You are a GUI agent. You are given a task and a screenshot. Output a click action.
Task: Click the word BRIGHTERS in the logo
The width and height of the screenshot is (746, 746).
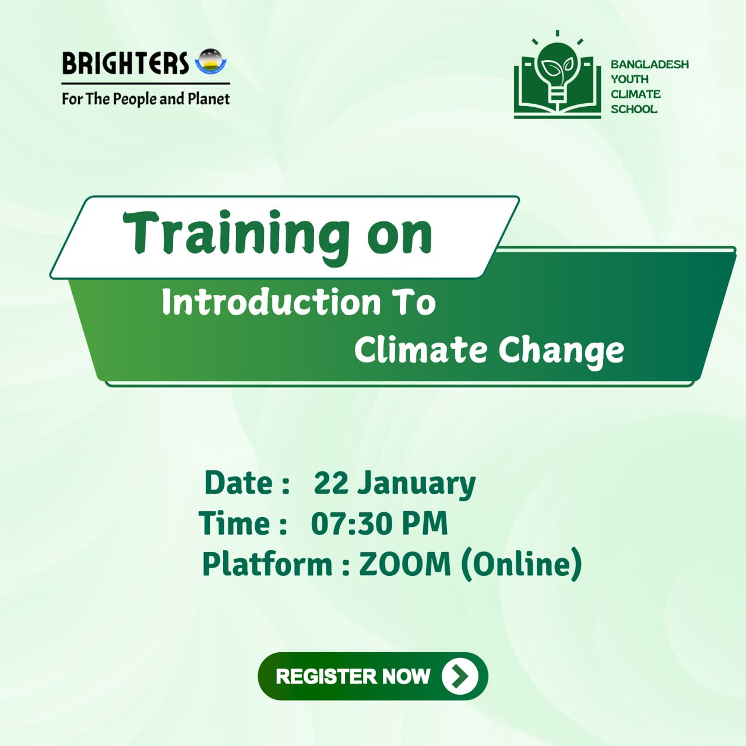(125, 64)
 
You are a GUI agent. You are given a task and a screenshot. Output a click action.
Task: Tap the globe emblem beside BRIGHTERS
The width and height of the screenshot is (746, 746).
(210, 62)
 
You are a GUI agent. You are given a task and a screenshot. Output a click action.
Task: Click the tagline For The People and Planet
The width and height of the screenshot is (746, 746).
(146, 99)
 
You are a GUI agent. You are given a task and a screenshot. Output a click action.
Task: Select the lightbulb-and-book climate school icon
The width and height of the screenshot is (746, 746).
(557, 78)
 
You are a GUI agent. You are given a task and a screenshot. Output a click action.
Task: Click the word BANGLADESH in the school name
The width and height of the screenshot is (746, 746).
(649, 64)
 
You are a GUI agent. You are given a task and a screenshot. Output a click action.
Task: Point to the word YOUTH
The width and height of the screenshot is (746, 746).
(629, 79)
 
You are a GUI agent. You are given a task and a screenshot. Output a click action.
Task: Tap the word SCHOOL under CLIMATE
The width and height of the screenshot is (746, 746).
(634, 109)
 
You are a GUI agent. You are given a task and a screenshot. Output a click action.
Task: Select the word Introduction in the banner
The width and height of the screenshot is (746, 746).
(271, 302)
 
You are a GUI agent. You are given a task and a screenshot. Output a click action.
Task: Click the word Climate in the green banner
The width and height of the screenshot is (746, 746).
(420, 350)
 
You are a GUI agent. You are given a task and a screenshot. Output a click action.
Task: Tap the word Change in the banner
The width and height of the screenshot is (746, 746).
(561, 351)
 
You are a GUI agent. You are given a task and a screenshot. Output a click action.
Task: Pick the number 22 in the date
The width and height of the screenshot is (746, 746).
(330, 483)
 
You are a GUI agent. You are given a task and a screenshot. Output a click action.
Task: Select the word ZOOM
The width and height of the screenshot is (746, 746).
(404, 564)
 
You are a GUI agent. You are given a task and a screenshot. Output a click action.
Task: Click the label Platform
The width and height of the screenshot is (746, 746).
(267, 565)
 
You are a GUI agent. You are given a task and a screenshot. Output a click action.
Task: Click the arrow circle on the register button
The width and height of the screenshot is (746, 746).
(460, 676)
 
